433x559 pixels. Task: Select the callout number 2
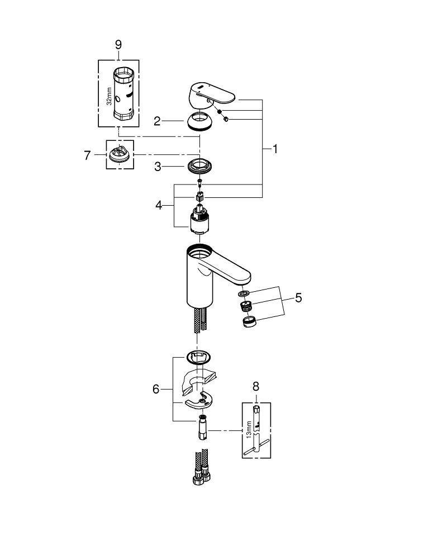(158, 121)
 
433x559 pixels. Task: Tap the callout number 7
(87, 155)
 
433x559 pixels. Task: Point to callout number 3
(158, 167)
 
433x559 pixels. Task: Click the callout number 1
(274, 149)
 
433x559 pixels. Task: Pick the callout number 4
(159, 205)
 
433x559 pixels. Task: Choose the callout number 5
(298, 298)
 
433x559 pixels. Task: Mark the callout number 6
(156, 389)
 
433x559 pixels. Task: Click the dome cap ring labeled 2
(199, 121)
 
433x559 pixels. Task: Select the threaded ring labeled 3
(199, 166)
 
